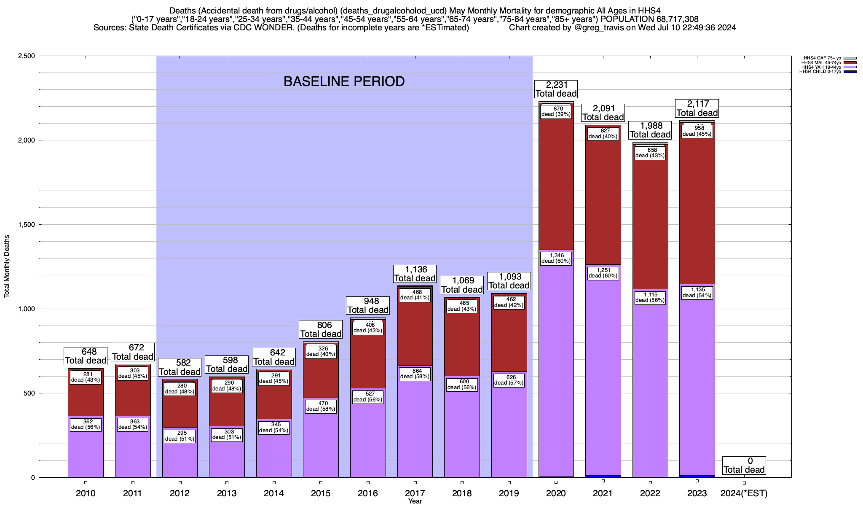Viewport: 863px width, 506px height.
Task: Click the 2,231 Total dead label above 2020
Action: point(556,89)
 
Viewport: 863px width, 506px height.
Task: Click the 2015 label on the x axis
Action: point(321,493)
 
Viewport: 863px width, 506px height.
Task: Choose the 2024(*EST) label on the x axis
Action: point(744,493)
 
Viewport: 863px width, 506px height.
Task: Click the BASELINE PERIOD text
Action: point(344,81)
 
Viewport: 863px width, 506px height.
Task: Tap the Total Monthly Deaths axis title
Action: point(7,266)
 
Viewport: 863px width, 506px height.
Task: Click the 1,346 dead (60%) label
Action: point(556,258)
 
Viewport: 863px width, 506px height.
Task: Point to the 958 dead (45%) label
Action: point(697,131)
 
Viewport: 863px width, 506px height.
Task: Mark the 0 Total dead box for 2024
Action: point(744,466)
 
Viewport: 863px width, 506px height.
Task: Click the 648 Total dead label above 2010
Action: point(86,356)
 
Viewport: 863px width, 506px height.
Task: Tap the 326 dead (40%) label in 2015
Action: point(321,351)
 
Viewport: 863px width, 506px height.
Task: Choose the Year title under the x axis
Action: point(415,501)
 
